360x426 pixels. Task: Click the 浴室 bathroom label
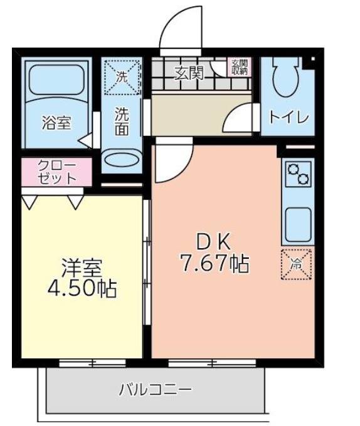(x=56, y=123)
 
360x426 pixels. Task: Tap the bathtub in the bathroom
(x=56, y=78)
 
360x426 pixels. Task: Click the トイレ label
(x=289, y=117)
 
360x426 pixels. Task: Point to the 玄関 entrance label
(x=189, y=73)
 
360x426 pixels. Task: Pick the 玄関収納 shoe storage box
(x=240, y=67)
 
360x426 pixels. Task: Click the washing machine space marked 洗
(x=122, y=77)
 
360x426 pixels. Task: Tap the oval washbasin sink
(x=122, y=159)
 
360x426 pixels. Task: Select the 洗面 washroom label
(x=122, y=122)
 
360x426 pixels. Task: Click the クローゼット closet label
(x=56, y=172)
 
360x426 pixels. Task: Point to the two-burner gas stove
(x=299, y=174)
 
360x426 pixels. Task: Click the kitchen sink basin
(x=299, y=224)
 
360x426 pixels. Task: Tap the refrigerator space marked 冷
(x=296, y=264)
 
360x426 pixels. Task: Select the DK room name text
(x=214, y=242)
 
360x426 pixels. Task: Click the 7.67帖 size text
(x=214, y=264)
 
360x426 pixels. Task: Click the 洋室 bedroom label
(x=82, y=267)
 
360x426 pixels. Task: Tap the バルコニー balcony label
(x=156, y=390)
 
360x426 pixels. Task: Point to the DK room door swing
(x=183, y=170)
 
